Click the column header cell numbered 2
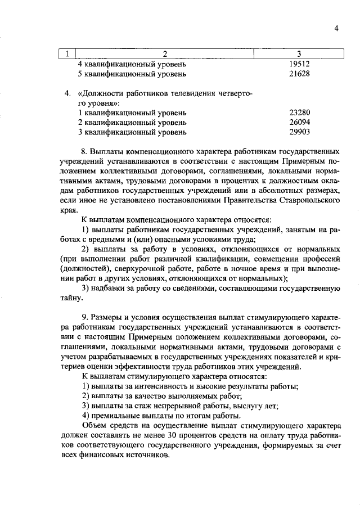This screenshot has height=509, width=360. click(165, 54)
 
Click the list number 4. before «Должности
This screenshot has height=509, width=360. click(68, 93)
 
